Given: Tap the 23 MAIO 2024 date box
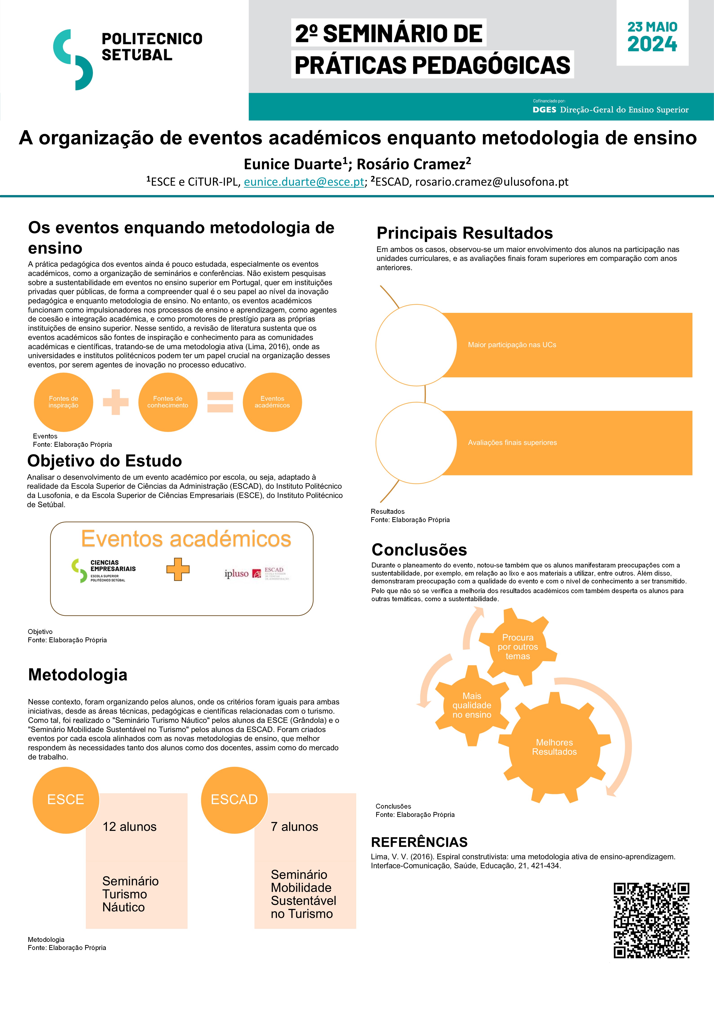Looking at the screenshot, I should [652, 37].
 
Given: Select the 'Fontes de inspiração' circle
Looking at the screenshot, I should [63, 402].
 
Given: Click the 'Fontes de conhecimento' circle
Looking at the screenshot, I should [168, 402].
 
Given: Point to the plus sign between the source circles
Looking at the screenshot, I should [116, 402].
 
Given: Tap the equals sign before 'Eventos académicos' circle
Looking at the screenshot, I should [220, 402].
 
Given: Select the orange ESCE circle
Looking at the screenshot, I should [66, 799].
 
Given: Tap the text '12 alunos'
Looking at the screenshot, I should [129, 827].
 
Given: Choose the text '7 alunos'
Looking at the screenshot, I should [294, 827].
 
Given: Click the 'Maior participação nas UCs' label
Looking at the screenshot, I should [512, 345].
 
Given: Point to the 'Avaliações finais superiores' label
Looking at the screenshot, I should [512, 443].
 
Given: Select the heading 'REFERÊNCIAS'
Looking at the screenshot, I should [419, 842].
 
